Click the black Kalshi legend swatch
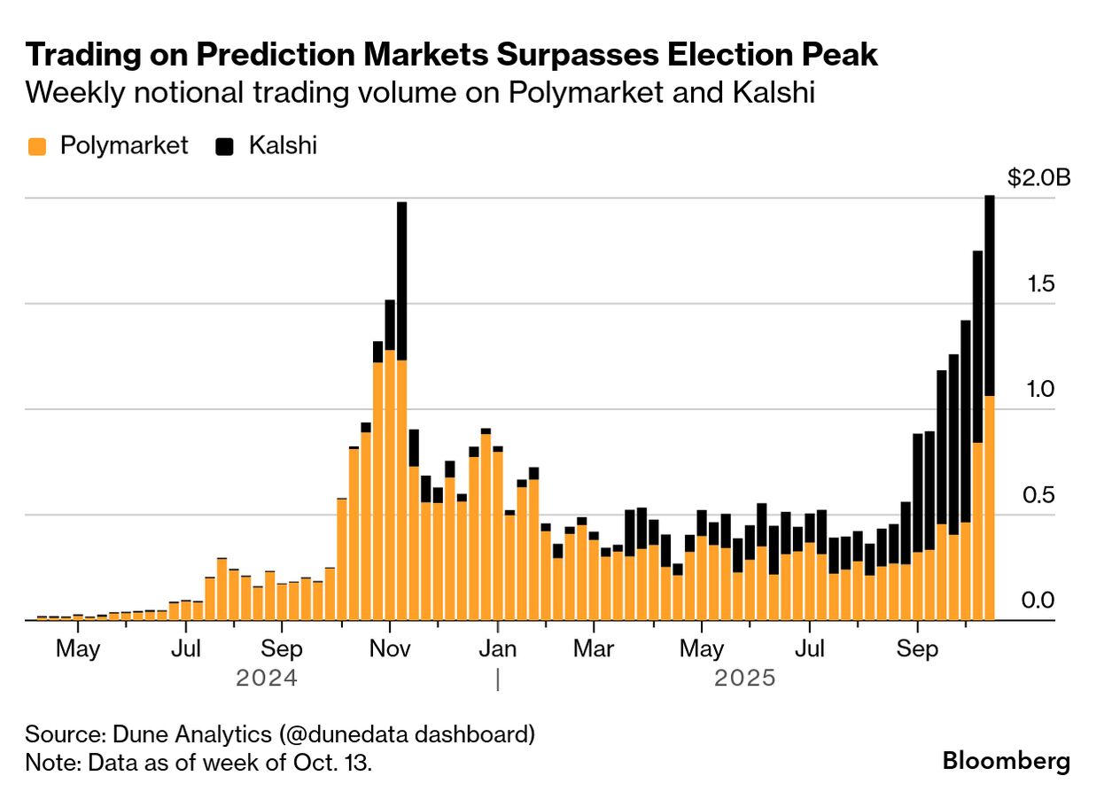[x=225, y=146]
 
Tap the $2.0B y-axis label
[x=1038, y=178]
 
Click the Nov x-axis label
[x=390, y=649]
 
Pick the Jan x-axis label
[x=497, y=649]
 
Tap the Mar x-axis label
[x=594, y=649]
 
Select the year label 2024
[x=266, y=679]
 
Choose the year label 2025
[x=744, y=679]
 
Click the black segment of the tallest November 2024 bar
[x=401, y=279]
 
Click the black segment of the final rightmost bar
[x=989, y=292]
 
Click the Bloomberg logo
[x=1006, y=760]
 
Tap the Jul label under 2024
[x=186, y=649]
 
